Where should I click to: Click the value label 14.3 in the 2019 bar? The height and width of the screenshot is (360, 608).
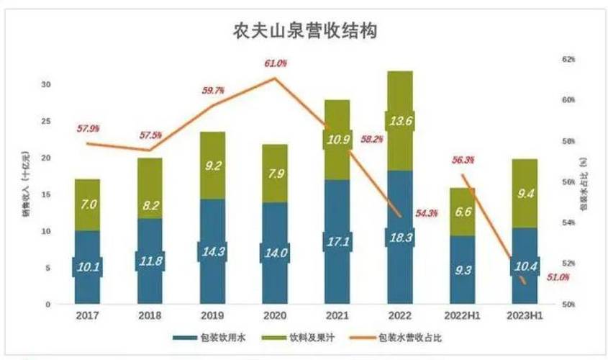coord(212,253)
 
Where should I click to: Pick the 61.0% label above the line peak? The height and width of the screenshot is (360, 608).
coord(276,64)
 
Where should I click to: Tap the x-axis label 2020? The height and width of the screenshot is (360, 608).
coord(274,315)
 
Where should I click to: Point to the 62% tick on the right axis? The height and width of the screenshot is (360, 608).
coord(568,60)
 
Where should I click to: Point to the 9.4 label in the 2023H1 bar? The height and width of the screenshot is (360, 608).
coord(524,192)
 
